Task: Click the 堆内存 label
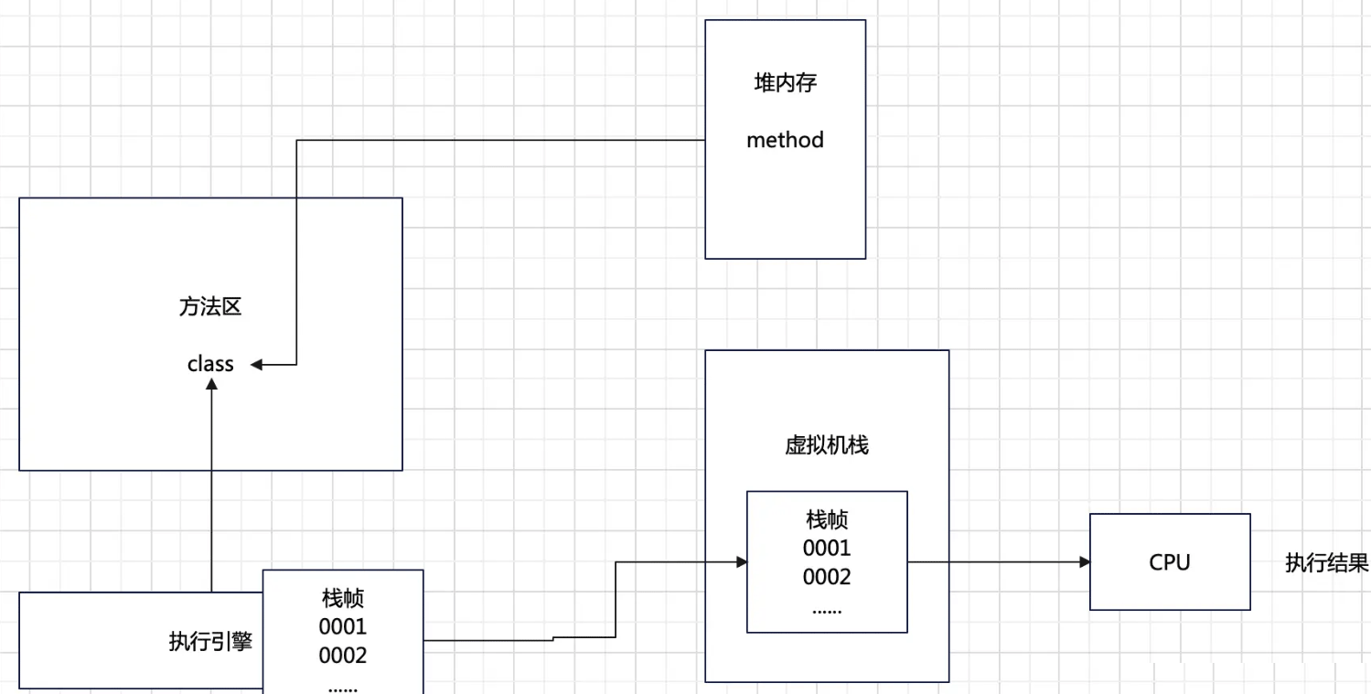point(785,83)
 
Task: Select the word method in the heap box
point(785,140)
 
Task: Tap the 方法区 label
point(210,307)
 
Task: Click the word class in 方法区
point(210,364)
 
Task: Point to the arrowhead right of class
point(257,365)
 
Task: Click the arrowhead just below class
point(211,386)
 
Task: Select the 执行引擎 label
point(210,642)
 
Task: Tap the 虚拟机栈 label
point(827,445)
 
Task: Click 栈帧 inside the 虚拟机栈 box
point(827,519)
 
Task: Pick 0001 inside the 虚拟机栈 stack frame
point(827,548)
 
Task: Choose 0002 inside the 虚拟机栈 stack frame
point(827,577)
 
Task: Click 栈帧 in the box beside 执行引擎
point(343,598)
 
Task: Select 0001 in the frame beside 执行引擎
point(343,626)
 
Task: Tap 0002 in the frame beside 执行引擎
point(343,656)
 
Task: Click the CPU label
point(1170,562)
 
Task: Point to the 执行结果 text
point(1327,562)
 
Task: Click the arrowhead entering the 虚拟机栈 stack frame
point(741,562)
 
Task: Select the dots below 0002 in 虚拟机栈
point(827,609)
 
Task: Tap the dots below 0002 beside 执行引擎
point(343,686)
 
